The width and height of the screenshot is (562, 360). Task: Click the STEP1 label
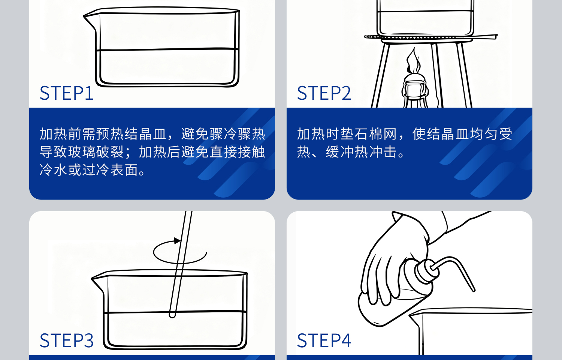point(66,93)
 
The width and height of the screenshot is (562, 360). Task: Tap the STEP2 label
point(324,93)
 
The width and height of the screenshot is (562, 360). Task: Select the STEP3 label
point(66,340)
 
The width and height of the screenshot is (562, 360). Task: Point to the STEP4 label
point(324,340)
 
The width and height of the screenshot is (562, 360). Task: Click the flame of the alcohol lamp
point(413,62)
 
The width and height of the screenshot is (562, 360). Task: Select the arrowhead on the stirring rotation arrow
point(177,241)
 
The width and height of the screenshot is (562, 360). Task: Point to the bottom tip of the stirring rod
point(172,314)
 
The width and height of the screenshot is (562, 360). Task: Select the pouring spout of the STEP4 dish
point(414,317)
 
